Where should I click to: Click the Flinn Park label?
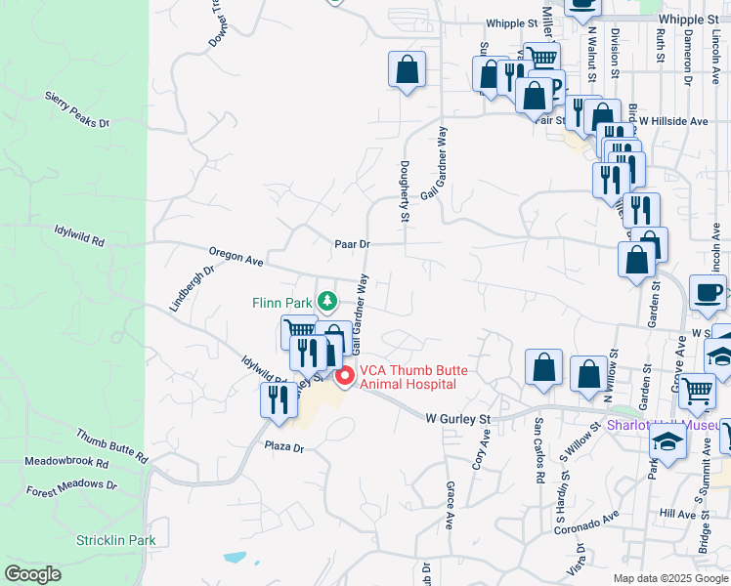pos(281,301)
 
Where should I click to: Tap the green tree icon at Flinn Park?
pos(329,299)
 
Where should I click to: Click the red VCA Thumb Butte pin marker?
pos(344,377)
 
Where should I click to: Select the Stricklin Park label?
pos(116,540)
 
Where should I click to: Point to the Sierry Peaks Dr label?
pos(77,110)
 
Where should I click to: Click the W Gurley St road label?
pos(457,418)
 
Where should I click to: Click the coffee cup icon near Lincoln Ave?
pos(707,291)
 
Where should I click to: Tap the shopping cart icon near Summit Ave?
pos(697,391)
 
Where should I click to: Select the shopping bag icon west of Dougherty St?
pos(407,68)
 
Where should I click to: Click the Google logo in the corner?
pos(32,574)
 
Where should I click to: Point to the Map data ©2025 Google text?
pos(669,578)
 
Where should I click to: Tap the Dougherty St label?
pos(403,191)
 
